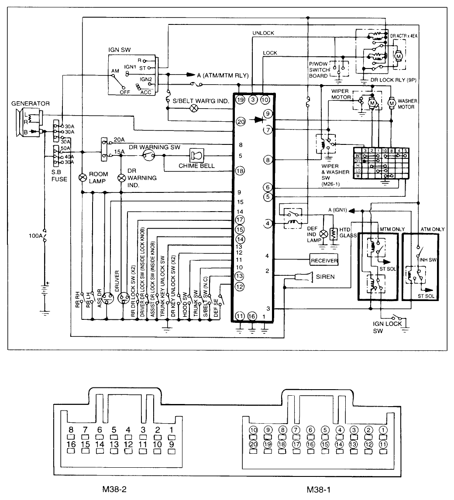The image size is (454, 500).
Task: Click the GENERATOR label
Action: pos(31,103)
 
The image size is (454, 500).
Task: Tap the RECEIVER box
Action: pos(324,260)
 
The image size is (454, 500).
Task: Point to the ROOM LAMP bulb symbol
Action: pos(82,177)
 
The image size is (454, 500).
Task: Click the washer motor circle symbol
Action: pos(392,103)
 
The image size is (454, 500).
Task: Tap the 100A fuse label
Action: pos(30,236)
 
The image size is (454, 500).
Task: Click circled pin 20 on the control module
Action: pos(240,122)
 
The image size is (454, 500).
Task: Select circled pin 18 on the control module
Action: pos(240,171)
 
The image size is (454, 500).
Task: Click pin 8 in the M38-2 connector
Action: pos(71,429)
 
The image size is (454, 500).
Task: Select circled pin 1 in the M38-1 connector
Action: pos(383,429)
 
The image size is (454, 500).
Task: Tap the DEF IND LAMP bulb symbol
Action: pos(323,233)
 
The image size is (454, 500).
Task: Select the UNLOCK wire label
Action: pos(263,34)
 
